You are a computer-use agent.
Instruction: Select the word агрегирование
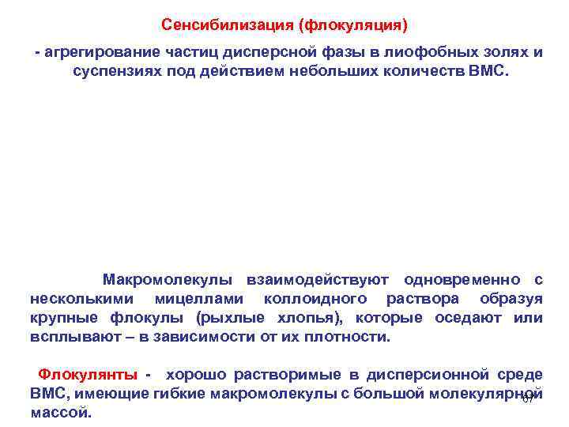(x=99, y=52)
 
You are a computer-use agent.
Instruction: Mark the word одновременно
(x=462, y=279)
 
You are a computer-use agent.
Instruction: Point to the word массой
(x=59, y=412)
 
